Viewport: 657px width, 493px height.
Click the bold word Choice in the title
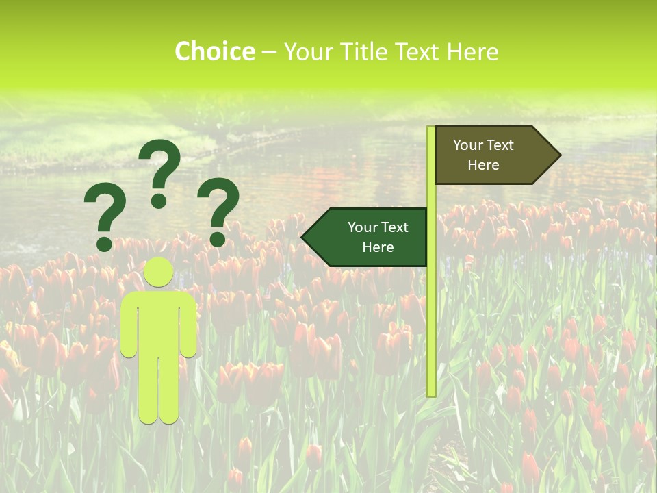(x=214, y=51)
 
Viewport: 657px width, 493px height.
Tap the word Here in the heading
(x=473, y=51)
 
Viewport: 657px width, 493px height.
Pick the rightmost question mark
(x=218, y=205)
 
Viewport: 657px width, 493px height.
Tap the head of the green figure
(x=159, y=272)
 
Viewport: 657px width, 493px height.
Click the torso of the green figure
(x=159, y=322)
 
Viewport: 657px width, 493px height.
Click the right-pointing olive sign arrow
(x=493, y=155)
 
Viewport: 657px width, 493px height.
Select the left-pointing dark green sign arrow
(x=370, y=237)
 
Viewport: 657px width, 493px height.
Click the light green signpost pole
(x=431, y=308)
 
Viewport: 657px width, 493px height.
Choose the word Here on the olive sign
(x=483, y=165)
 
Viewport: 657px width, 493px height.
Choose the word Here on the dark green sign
(x=378, y=247)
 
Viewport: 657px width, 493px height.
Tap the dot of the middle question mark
(x=159, y=201)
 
